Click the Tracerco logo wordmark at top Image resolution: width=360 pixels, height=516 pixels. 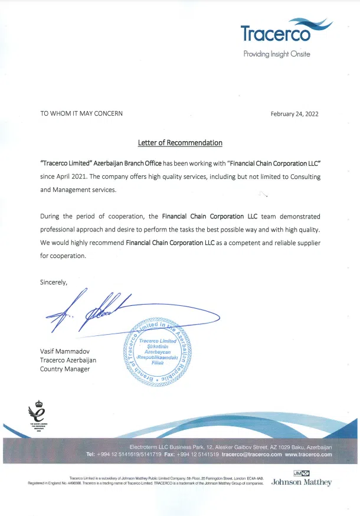click(x=276, y=34)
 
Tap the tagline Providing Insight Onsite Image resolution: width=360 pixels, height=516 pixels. click(x=277, y=54)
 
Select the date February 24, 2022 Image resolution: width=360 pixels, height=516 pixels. click(x=294, y=114)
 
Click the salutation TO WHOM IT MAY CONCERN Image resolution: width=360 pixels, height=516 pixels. click(x=81, y=114)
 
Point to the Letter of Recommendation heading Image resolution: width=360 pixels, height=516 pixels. click(x=180, y=143)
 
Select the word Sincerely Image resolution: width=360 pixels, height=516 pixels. click(x=53, y=282)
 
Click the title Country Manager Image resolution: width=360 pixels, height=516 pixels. click(x=65, y=369)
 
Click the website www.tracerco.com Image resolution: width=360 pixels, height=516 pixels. click(x=309, y=455)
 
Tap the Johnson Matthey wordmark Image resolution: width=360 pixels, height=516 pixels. click(x=301, y=482)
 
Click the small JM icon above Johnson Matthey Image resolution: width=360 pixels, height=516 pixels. click(x=301, y=473)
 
